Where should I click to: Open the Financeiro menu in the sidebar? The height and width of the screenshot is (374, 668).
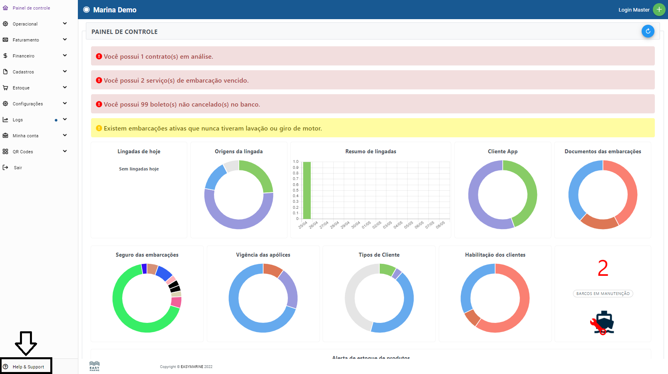pos(24,56)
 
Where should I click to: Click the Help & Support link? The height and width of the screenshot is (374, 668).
pos(28,367)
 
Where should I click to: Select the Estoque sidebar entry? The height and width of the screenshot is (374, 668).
pos(21,88)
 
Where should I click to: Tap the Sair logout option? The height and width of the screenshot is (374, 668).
pos(18,168)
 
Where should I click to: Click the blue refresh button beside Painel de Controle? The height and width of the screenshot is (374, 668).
pos(648,31)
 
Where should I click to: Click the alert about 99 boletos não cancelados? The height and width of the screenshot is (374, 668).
pos(182,105)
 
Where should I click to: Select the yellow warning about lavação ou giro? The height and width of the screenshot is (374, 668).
pos(213,129)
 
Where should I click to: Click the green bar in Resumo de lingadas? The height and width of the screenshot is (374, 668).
pos(307,190)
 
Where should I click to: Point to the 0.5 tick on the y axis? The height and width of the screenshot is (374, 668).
pos(295,190)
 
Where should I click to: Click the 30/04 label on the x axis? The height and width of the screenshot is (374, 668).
pos(356,225)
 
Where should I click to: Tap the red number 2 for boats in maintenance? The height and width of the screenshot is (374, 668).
pos(603,268)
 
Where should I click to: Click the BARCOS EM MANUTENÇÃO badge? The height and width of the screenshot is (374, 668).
pos(603,294)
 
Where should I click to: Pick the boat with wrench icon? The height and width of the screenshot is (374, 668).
pos(603,323)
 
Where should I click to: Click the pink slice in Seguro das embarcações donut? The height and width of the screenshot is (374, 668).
pos(176,302)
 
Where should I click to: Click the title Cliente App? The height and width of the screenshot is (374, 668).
pos(502,152)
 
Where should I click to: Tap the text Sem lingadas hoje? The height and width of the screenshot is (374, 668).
pos(139,169)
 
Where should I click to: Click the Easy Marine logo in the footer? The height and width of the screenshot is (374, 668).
pos(95,366)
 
